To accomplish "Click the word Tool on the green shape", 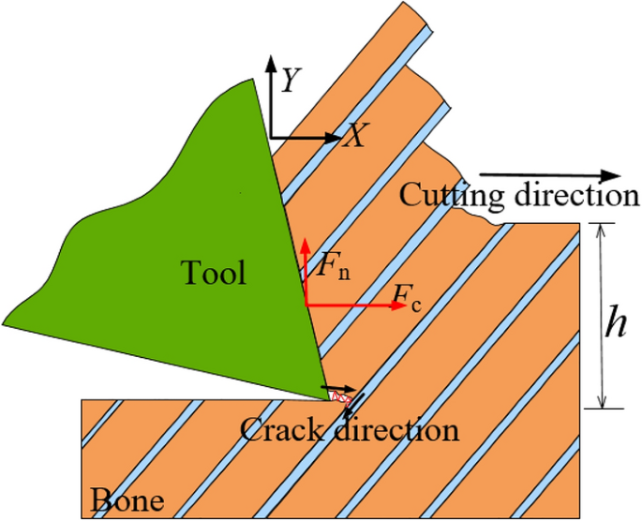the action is click(213, 273).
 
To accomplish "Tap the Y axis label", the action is click(291, 82).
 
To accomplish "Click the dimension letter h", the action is click(615, 323).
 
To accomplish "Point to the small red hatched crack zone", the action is click(344, 398).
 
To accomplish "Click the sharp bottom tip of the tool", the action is click(331, 398).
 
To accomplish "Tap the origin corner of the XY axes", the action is click(271, 137).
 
